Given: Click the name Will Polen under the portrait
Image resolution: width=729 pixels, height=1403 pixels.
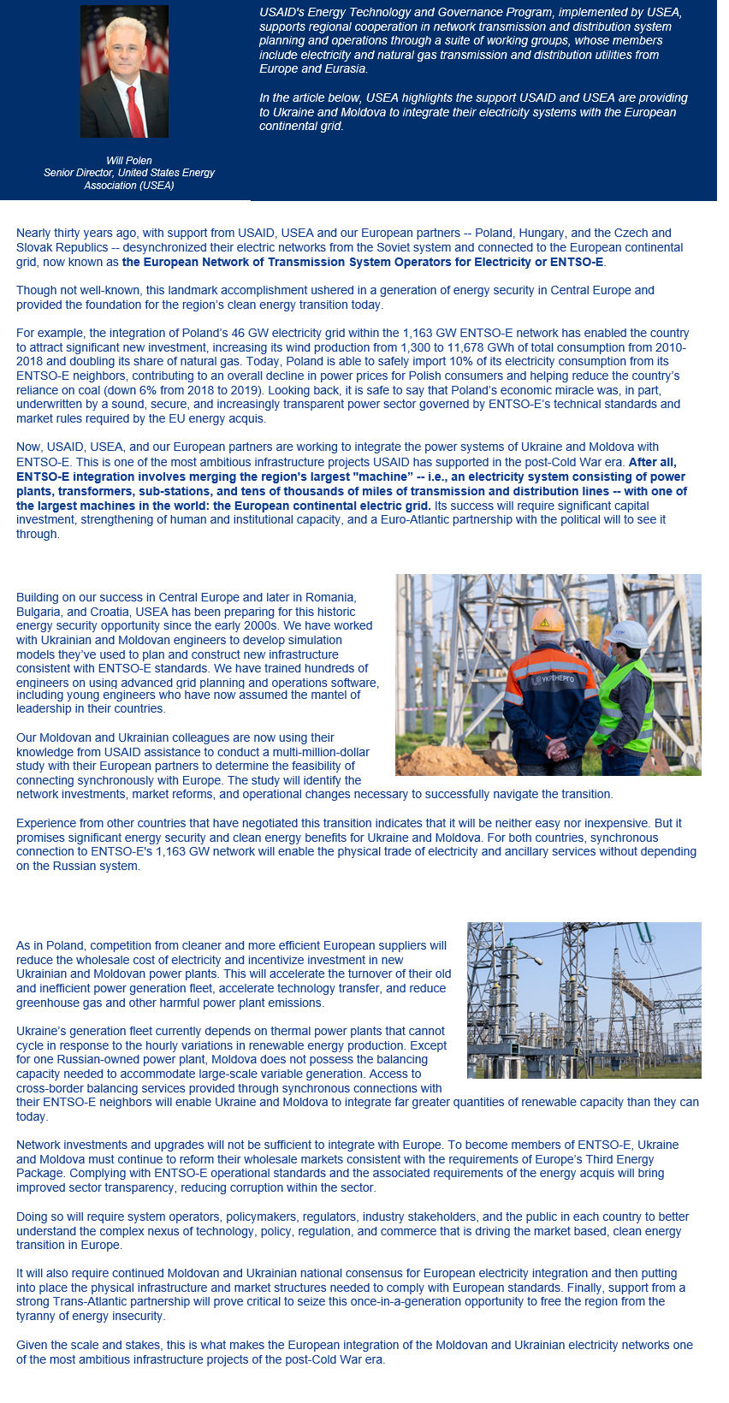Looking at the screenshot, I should click(129, 161).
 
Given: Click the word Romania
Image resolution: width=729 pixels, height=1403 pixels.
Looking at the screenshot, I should click(330, 597).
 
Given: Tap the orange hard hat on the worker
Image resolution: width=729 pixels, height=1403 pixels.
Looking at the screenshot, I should click(547, 620).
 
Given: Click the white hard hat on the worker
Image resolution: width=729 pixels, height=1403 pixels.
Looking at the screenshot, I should click(625, 634).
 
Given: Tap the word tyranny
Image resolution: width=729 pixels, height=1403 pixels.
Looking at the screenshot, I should click(38, 1316).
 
